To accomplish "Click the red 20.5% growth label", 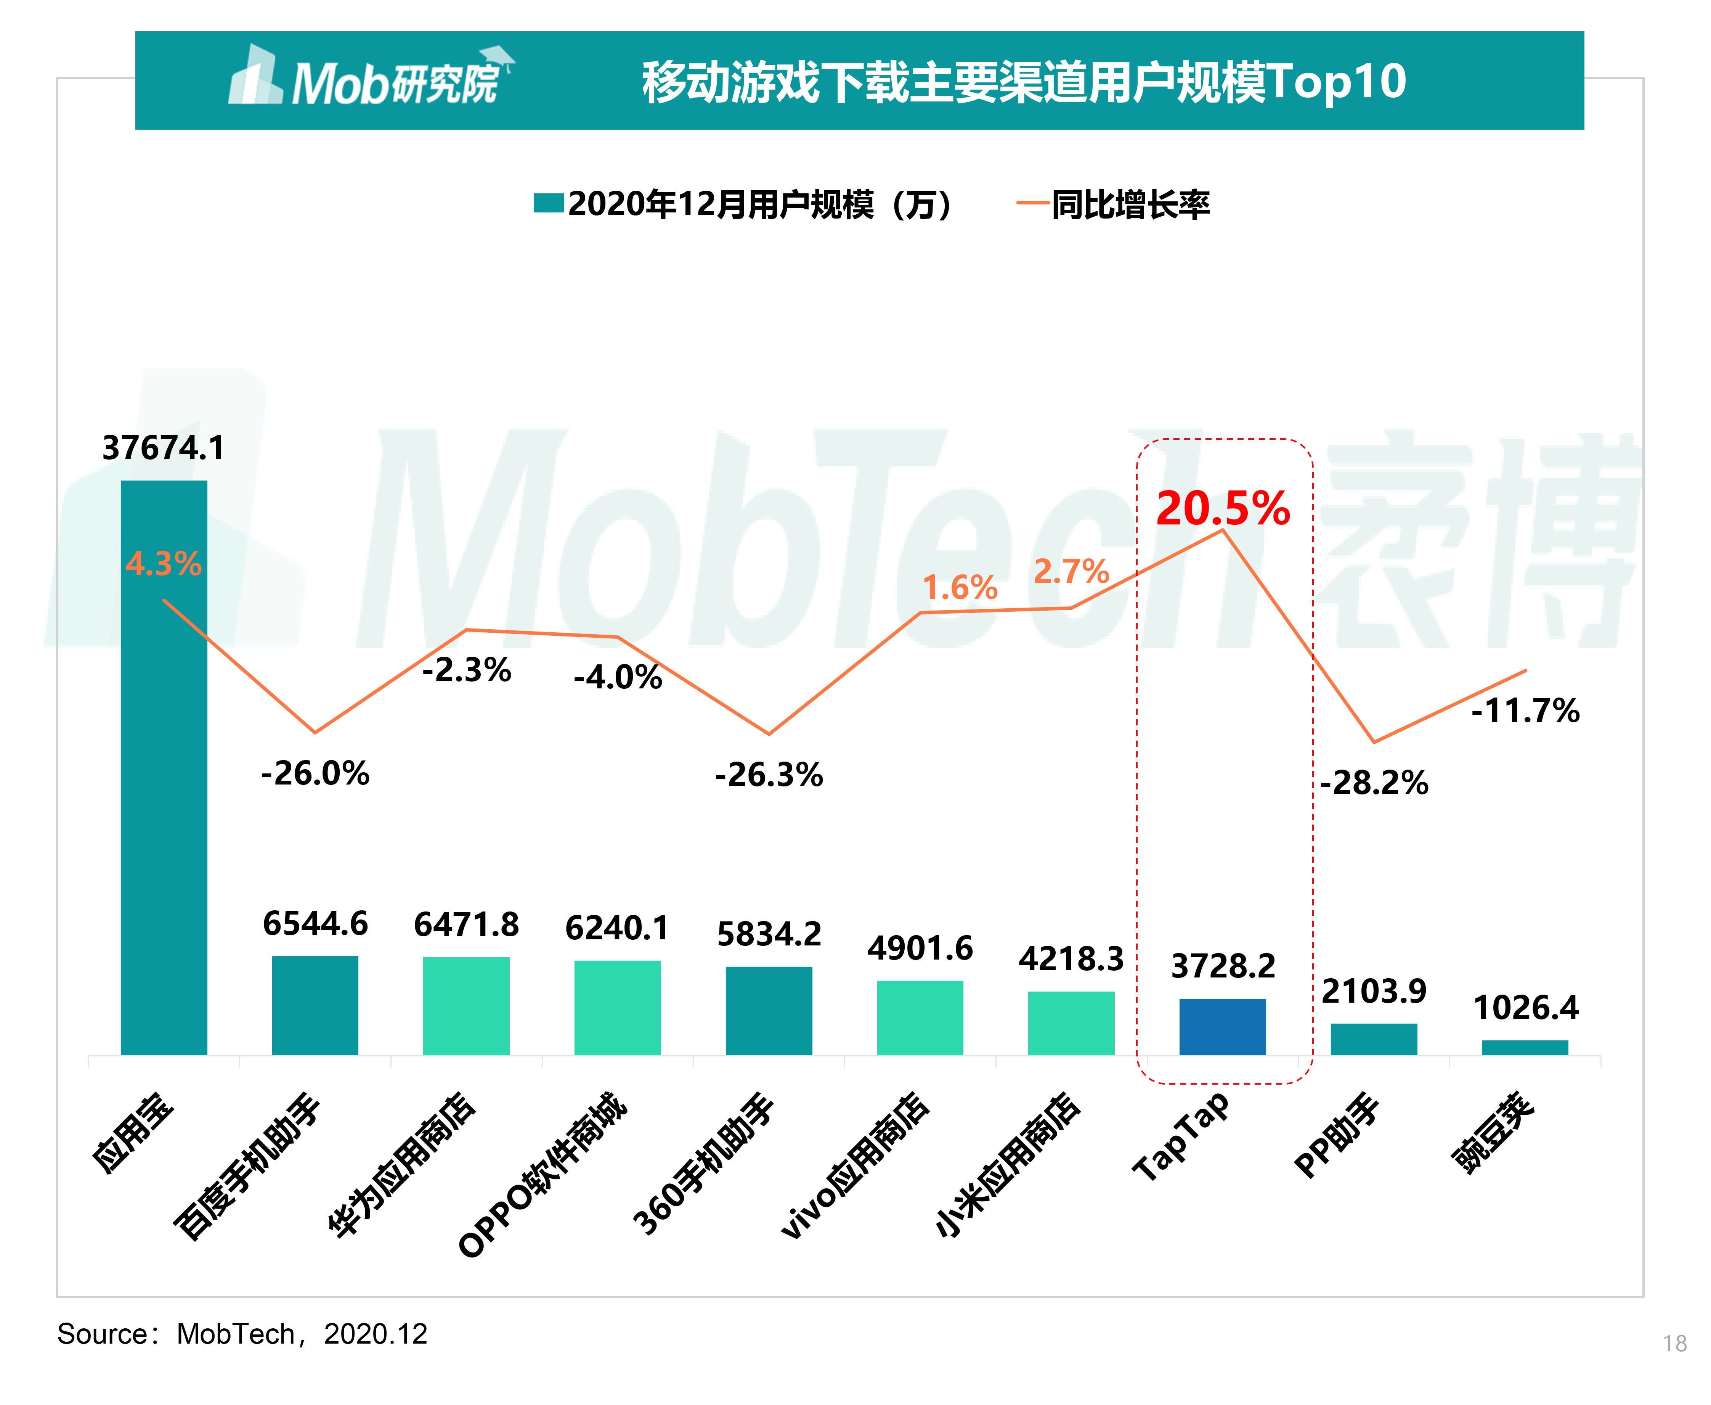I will pyautogui.click(x=1222, y=508).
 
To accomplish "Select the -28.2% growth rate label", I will pyautogui.click(x=1374, y=783).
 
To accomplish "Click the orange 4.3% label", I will pyautogui.click(x=164, y=563).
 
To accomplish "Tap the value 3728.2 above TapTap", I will pyautogui.click(x=1222, y=966).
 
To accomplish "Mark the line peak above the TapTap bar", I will pyautogui.click(x=1222, y=530).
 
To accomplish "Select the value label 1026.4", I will pyautogui.click(x=1525, y=1008).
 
